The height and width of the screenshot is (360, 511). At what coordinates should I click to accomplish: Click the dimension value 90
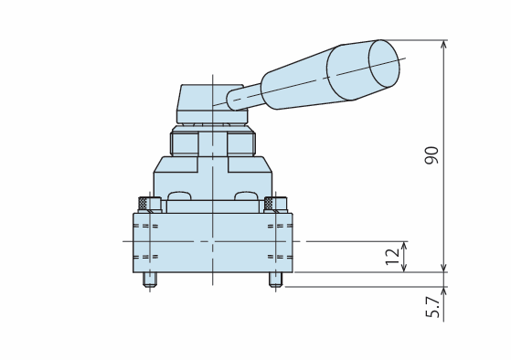click(x=431, y=155)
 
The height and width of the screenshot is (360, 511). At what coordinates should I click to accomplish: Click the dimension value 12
click(x=392, y=257)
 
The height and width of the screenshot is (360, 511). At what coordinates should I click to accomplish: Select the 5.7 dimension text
click(x=432, y=307)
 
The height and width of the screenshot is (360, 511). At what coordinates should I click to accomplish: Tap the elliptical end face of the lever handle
click(x=384, y=64)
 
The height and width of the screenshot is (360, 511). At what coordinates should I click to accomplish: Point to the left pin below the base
click(x=150, y=280)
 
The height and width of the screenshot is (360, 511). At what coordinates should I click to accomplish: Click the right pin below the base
click(x=276, y=280)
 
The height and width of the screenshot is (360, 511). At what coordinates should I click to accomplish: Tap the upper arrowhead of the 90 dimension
click(x=443, y=44)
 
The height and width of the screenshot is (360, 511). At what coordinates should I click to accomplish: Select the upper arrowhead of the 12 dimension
click(x=404, y=246)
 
